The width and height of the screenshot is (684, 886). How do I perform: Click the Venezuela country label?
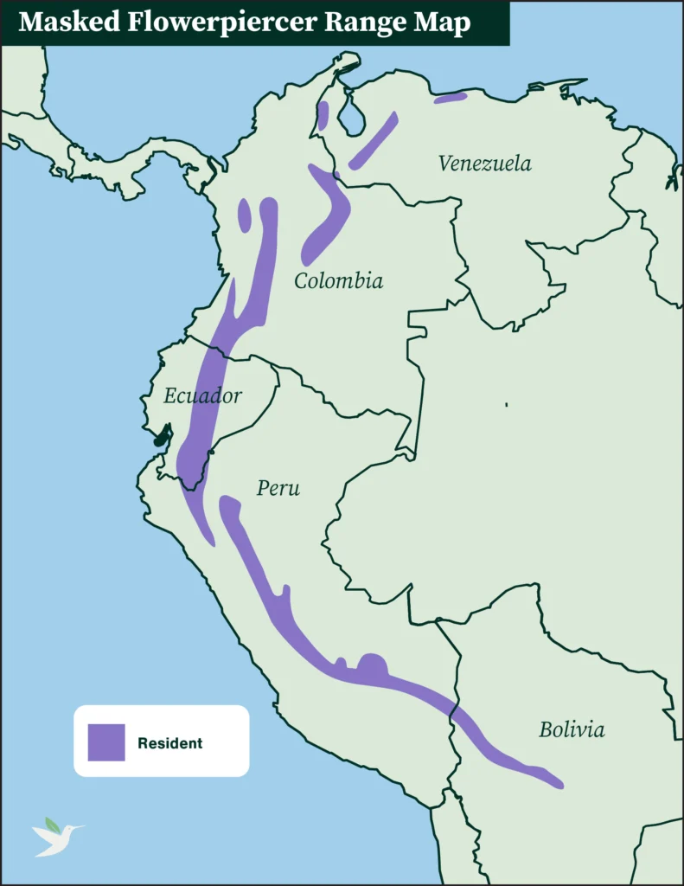[x=484, y=163]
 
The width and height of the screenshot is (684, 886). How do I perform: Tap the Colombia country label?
[x=338, y=280]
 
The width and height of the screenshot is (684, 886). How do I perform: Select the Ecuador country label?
[x=202, y=396]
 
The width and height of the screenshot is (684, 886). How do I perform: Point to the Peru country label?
[x=278, y=488]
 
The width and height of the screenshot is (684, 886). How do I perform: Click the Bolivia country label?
[x=572, y=729]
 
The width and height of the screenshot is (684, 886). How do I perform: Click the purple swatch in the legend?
[x=106, y=742]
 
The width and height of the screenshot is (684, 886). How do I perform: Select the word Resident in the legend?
[x=169, y=743]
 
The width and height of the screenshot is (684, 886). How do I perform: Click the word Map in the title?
[x=441, y=23]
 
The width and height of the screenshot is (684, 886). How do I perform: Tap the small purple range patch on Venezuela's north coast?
[x=450, y=98]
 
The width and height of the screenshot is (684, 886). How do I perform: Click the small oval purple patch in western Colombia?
[x=245, y=215]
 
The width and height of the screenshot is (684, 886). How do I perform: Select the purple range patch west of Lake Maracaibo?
[x=323, y=115]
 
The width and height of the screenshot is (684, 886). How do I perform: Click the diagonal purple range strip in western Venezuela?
[x=374, y=140]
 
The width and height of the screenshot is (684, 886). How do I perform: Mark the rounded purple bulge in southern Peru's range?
[x=373, y=666]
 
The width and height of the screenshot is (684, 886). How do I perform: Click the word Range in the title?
[x=367, y=23]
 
